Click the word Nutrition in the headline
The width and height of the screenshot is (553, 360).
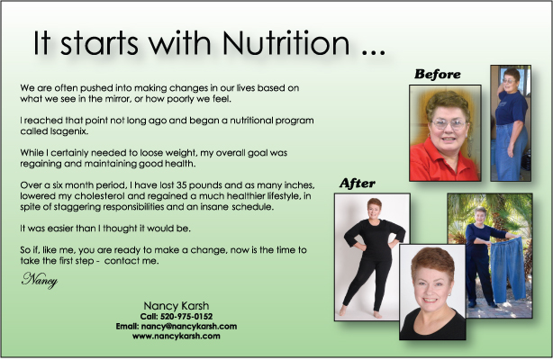pyautogui.click(x=286, y=43)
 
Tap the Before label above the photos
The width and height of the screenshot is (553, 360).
pyautogui.click(x=438, y=74)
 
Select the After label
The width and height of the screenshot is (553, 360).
pyautogui.click(x=358, y=184)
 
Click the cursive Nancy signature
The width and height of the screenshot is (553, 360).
pyautogui.click(x=39, y=280)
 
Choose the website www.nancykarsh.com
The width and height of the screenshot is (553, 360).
pyautogui.click(x=176, y=336)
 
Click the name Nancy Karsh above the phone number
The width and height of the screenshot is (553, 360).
pyautogui.click(x=176, y=305)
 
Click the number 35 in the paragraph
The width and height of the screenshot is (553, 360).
pyautogui.click(x=181, y=185)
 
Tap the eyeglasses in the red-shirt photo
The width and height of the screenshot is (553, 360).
pyautogui.click(x=448, y=123)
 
